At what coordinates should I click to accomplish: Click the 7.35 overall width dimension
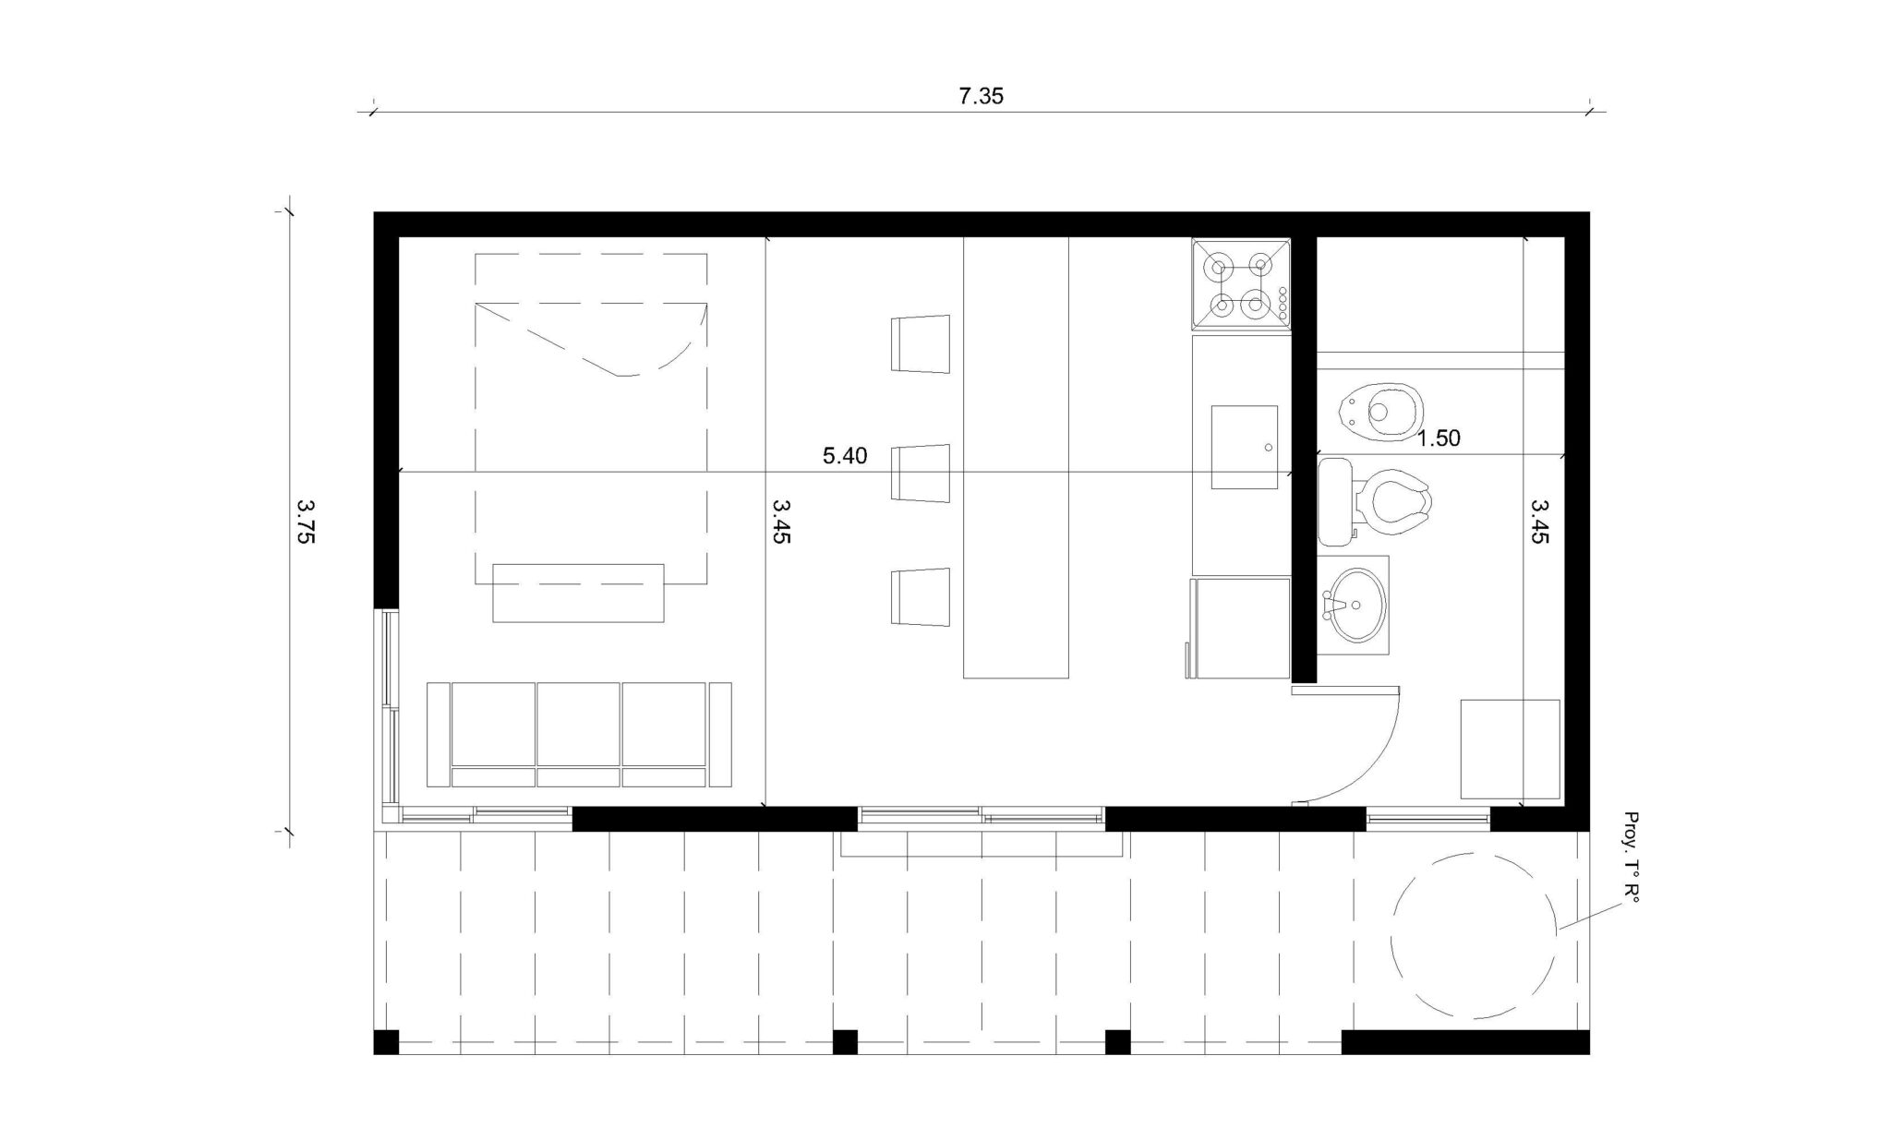click(981, 96)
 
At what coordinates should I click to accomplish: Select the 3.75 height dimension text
click(306, 522)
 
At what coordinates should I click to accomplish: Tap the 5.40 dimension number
click(845, 456)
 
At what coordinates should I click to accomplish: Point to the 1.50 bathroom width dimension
click(1439, 438)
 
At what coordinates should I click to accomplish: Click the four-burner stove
click(1241, 283)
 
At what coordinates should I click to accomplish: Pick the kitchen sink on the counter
click(1245, 447)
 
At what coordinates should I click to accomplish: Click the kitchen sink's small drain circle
click(1268, 448)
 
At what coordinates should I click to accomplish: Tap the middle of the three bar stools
click(921, 473)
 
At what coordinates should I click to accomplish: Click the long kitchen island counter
click(1016, 458)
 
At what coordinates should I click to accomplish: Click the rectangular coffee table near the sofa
click(578, 593)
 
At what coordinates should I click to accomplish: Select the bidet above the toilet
click(1380, 410)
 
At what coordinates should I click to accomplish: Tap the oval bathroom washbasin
click(1355, 605)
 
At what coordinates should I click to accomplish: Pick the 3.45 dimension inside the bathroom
click(1539, 522)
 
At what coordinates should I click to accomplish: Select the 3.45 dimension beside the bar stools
click(781, 522)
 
